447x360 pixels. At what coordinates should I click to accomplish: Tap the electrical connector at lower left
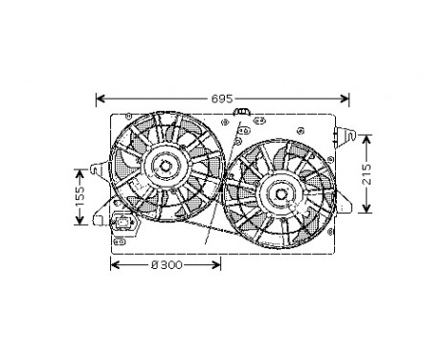click(x=124, y=226)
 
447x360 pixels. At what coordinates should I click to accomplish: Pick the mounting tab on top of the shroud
click(x=243, y=115)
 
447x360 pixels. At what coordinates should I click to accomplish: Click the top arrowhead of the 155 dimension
click(x=81, y=170)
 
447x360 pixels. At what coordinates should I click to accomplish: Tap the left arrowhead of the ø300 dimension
click(x=116, y=264)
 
